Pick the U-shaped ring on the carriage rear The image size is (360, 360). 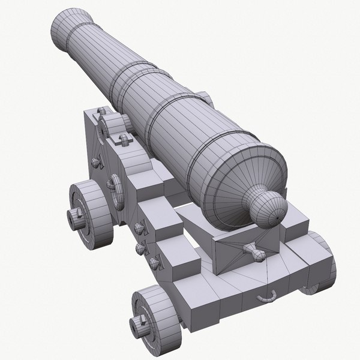pyautogui.click(x=267, y=295)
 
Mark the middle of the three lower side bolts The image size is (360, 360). pyautogui.click(x=140, y=248)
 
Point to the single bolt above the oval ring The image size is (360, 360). pyautogui.click(x=96, y=163)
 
